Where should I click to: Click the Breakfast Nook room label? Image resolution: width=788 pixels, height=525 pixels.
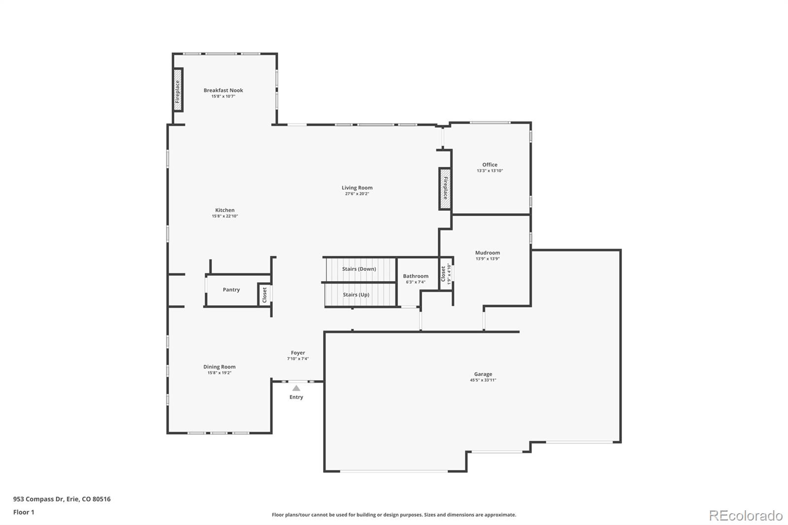223,90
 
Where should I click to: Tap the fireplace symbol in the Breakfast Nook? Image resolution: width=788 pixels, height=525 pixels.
178,90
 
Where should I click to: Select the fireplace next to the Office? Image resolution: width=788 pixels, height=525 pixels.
445,188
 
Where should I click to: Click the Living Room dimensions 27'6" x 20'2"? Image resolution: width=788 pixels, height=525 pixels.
357,194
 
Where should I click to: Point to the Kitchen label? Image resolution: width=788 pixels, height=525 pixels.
225,210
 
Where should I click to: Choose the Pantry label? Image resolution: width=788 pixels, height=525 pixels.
231,290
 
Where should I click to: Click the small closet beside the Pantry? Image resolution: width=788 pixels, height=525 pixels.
264,295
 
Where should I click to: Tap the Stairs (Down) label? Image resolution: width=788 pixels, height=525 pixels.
359,269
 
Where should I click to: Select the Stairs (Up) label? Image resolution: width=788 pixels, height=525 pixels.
356,295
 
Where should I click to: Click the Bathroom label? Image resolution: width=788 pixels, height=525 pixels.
416,276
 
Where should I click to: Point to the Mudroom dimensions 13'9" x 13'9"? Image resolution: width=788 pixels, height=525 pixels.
488,259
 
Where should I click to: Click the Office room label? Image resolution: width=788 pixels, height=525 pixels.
490,164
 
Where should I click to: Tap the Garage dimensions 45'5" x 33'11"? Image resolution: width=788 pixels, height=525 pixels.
483,380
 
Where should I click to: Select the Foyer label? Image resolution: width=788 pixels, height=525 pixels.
297,353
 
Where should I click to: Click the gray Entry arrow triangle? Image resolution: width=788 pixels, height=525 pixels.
296,388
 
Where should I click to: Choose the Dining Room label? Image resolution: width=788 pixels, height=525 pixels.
219,366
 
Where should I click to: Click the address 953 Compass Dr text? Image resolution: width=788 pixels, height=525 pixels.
62,499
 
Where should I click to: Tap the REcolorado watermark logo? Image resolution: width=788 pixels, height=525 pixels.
745,516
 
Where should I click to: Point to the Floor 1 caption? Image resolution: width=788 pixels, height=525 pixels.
24,512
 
